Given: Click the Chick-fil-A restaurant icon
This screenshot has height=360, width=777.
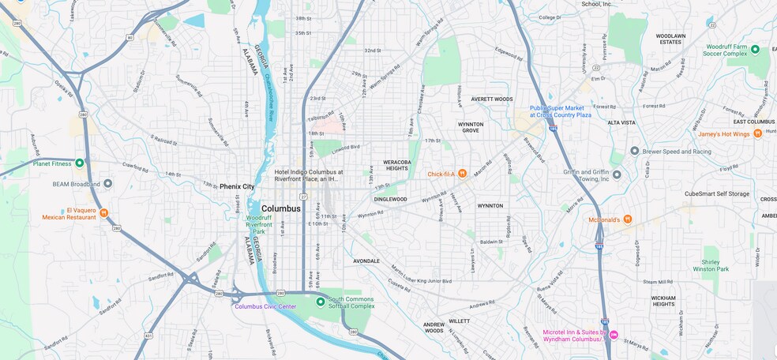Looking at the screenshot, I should [x=462, y=174].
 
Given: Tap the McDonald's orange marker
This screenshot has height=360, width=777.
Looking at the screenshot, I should [x=627, y=219].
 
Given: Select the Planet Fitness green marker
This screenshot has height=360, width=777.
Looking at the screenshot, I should [x=79, y=163].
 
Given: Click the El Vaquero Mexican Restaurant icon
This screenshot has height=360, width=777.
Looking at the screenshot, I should [x=103, y=213].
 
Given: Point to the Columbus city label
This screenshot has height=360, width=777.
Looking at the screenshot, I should [x=280, y=208].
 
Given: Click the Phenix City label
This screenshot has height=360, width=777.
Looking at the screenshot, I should [x=237, y=186].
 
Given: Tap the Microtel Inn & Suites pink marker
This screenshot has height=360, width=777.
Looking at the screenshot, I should [x=613, y=335].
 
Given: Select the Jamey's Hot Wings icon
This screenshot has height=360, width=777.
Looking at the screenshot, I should [x=756, y=133].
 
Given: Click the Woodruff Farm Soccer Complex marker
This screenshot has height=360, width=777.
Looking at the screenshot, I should [x=754, y=49].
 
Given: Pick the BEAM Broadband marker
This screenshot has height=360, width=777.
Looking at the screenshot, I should [x=107, y=183].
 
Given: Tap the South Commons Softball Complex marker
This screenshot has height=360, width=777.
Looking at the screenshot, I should [x=320, y=301].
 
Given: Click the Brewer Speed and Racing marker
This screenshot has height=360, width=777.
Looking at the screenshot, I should [x=634, y=150].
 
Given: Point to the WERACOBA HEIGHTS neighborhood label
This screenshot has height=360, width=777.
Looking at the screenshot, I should [x=396, y=164].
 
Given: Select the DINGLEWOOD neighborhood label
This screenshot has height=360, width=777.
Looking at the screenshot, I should [x=390, y=199].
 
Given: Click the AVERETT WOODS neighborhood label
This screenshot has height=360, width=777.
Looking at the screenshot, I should [x=491, y=99].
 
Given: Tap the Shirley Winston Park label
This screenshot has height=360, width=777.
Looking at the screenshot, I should [x=711, y=264].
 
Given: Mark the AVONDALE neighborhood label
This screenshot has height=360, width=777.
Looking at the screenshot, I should [x=366, y=261].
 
